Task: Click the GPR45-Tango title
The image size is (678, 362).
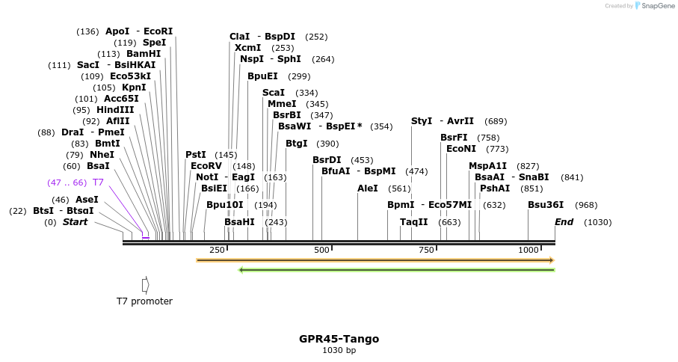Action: (x=339, y=339)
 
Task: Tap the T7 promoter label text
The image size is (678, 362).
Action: (x=144, y=301)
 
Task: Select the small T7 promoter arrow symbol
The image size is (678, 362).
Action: (x=145, y=285)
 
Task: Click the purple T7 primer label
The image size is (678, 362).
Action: (x=98, y=182)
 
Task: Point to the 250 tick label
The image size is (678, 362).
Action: (x=217, y=250)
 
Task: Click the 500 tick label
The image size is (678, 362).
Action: (x=321, y=250)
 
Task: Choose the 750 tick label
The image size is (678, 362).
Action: (x=426, y=250)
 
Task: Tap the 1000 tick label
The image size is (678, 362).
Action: (x=528, y=250)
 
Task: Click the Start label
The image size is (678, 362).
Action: (x=75, y=222)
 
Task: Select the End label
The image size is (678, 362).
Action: (x=564, y=222)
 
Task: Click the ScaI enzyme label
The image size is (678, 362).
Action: (x=274, y=93)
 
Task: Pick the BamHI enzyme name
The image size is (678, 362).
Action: (x=144, y=54)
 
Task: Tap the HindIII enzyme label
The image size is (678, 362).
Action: (x=115, y=110)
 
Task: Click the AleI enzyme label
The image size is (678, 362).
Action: (x=368, y=188)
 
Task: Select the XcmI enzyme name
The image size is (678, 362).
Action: (x=247, y=48)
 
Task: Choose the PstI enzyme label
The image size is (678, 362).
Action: (x=196, y=155)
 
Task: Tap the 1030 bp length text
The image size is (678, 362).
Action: (x=339, y=351)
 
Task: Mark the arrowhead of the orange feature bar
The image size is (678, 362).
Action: (x=551, y=260)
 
